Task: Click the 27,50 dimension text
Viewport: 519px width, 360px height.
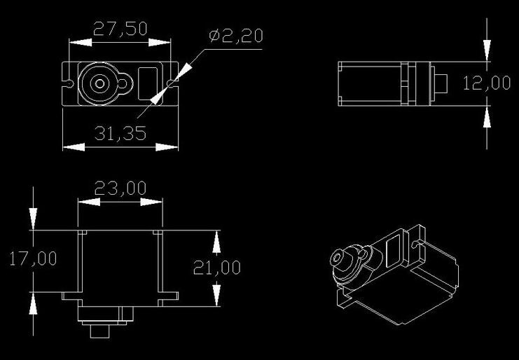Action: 120,29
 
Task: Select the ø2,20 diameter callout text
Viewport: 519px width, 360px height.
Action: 236,35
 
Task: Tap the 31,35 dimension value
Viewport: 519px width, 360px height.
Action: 120,133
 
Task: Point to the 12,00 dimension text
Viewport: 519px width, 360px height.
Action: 487,83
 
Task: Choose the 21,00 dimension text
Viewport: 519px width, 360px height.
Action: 217,267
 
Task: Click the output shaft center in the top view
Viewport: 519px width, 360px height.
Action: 100,83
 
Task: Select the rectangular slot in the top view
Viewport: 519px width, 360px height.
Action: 150,84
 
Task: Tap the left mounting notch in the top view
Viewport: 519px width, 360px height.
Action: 69,83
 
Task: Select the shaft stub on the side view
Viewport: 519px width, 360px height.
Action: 442,83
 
